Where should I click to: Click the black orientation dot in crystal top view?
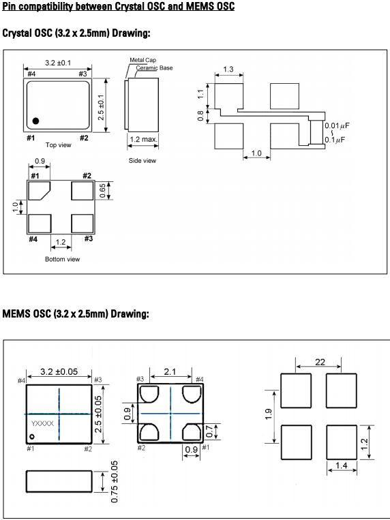pos(35,121)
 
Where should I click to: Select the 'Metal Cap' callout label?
pos(142,60)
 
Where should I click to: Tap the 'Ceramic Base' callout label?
pos(154,67)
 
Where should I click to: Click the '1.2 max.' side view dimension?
pos(143,139)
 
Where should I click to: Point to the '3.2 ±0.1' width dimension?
pos(58,63)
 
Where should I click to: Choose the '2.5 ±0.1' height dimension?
pos(101,107)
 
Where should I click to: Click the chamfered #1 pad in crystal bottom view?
pos(39,191)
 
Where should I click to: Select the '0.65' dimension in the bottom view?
pos(102,191)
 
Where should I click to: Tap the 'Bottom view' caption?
pos(63,259)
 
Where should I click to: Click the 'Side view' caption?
pos(142,161)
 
